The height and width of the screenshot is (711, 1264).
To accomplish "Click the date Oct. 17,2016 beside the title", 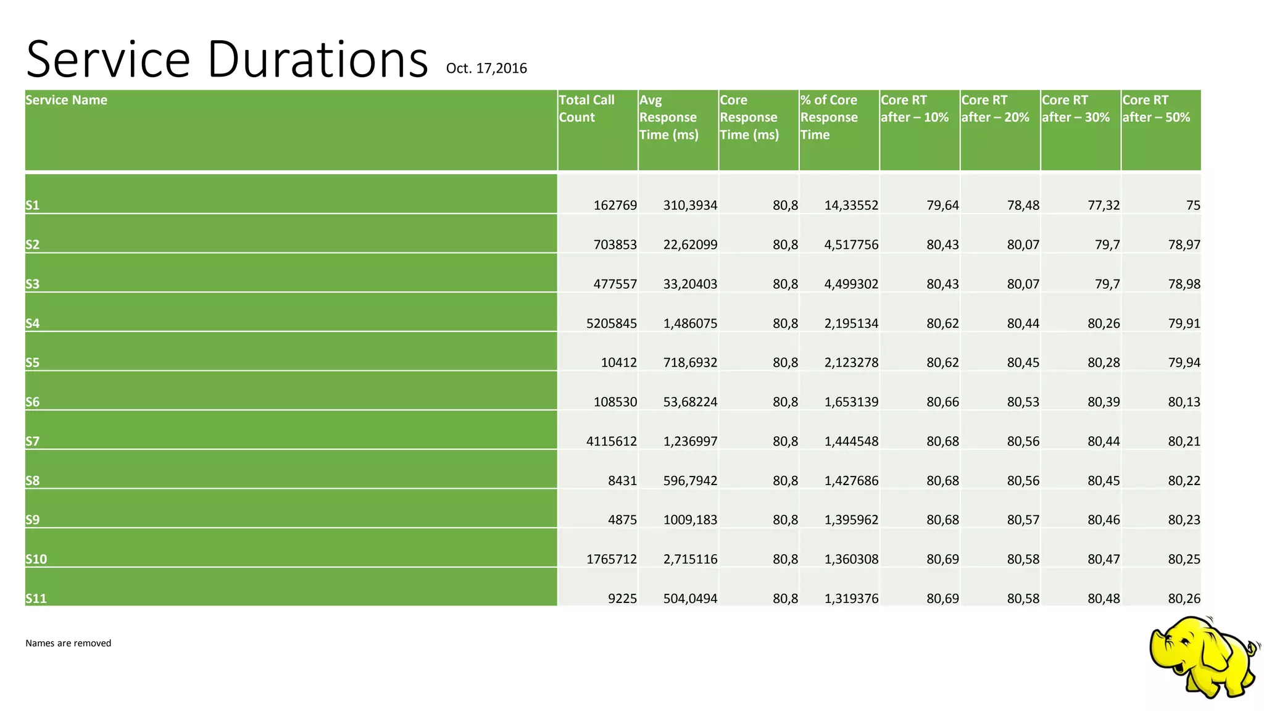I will click(486, 69).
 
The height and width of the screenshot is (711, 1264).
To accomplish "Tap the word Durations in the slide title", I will click(317, 60).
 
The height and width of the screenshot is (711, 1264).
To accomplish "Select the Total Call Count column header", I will click(586, 109).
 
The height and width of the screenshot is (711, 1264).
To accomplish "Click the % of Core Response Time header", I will click(829, 117).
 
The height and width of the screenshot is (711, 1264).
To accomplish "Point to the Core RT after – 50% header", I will click(1156, 109).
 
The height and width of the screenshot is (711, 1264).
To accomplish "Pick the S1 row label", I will click(33, 206).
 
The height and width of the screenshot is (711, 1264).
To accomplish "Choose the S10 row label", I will click(36, 559).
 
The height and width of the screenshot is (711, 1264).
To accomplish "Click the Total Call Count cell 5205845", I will click(611, 323).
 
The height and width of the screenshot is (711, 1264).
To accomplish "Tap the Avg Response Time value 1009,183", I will click(690, 520).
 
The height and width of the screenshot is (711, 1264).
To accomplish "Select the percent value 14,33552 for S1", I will click(851, 206).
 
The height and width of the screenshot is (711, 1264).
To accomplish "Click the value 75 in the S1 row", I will click(1193, 206).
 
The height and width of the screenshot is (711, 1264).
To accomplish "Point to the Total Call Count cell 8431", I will click(622, 480).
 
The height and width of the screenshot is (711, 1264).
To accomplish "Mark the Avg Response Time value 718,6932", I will click(690, 362).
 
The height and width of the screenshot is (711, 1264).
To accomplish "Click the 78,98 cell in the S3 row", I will click(1184, 284).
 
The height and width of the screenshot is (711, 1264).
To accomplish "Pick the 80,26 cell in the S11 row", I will click(1184, 598).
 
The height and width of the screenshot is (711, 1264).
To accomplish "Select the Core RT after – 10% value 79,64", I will click(942, 206).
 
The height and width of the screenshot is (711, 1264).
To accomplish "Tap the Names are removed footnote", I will click(69, 643).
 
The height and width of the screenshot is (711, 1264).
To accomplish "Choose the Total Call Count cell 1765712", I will click(611, 559).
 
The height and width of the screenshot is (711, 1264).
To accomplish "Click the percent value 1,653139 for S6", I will click(851, 402).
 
